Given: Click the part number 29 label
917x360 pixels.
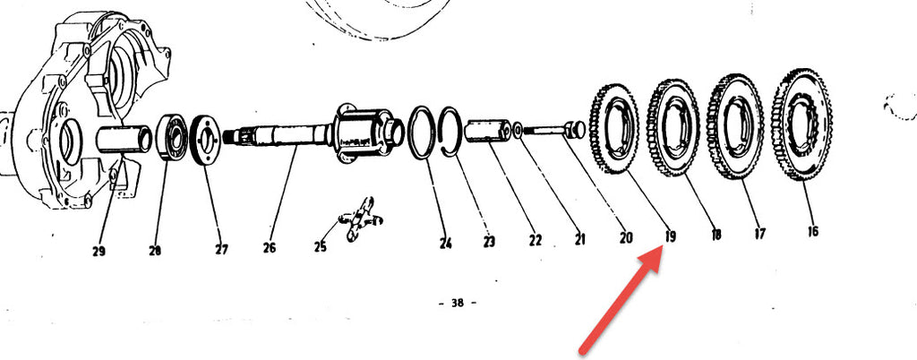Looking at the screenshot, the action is point(99,252).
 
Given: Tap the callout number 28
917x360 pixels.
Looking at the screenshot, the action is point(154,251).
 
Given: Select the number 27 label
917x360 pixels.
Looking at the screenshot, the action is point(221,250).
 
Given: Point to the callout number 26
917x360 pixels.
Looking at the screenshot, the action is point(269,248).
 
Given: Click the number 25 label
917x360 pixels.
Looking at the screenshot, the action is point(320,247).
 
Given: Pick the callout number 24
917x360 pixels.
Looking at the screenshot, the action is point(446,243).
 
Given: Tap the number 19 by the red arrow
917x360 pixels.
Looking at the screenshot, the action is point(670,236).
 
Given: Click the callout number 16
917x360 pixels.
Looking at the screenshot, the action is point(812,231).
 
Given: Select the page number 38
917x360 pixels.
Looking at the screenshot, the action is point(458,303).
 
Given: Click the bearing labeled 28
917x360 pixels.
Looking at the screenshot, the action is point(172,138).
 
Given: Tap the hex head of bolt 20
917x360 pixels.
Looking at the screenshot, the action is point(575,129).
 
